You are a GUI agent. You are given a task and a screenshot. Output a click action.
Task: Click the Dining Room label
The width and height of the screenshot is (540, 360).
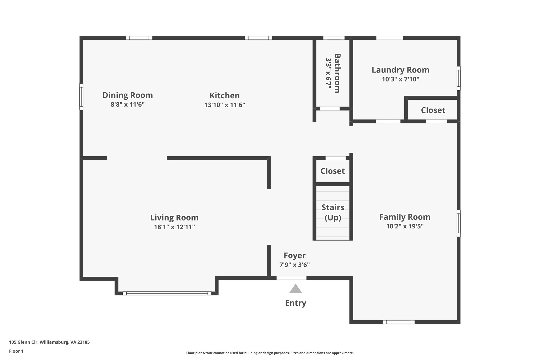click(128, 95)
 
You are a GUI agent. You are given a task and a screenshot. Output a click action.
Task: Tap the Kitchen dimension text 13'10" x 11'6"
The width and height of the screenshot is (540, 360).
click(225, 105)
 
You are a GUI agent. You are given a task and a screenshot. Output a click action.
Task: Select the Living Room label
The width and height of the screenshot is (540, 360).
click(174, 218)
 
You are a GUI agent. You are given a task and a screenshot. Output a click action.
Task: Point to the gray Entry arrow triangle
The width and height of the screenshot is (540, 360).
click(295, 289)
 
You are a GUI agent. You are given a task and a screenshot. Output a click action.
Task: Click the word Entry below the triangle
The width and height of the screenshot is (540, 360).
click(295, 303)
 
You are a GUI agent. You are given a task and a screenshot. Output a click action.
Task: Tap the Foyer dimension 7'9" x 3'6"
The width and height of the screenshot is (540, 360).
click(295, 265)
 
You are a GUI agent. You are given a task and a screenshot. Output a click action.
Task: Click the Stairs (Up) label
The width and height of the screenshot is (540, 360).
click(333, 212)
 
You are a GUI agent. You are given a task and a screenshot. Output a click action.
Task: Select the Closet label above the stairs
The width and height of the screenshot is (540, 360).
click(332, 171)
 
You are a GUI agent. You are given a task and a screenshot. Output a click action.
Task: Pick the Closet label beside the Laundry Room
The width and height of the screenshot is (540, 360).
click(433, 110)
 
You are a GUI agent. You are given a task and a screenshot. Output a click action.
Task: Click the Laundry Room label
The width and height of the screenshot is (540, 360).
click(400, 70)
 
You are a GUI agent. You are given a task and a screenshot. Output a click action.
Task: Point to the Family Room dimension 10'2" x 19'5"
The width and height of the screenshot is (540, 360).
click(405, 226)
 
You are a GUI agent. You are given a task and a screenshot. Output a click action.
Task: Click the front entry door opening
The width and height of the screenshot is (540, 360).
click(291, 278)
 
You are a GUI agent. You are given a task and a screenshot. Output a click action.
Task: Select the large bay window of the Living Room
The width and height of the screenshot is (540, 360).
click(167, 293)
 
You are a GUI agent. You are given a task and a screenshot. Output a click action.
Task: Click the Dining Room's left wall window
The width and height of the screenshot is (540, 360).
click(81, 97)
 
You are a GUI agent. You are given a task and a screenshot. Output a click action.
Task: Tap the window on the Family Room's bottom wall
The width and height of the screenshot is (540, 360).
click(398, 322)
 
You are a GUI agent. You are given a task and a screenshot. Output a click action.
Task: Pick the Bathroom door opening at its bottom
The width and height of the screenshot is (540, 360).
click(330, 108)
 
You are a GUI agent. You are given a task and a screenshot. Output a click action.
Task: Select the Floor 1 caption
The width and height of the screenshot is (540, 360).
click(16, 351)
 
